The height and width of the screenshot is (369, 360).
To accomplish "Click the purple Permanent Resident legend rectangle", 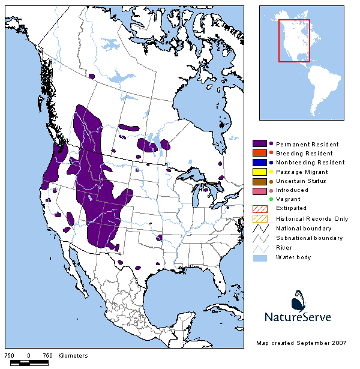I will [260, 144].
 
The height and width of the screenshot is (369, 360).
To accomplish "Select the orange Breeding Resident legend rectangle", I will [260, 154].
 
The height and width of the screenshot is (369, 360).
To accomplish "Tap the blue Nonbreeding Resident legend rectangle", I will [260, 163].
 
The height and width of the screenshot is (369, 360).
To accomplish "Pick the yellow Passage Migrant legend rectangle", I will [260, 172].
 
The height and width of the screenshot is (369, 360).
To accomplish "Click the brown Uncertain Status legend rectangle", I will [260, 181].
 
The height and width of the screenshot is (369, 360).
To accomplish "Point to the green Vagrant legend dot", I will [271, 199].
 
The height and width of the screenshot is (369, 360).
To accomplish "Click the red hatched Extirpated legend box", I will [260, 209].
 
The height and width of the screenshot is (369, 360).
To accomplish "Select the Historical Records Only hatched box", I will [260, 218].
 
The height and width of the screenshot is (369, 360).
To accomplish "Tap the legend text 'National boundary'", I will [304, 229].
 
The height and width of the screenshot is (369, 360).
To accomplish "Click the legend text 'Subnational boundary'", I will [309, 238].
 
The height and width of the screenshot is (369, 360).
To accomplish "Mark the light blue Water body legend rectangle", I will [260, 257].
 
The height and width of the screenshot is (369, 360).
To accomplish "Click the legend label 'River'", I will [284, 248].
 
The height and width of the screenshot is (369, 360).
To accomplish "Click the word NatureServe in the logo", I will [298, 316].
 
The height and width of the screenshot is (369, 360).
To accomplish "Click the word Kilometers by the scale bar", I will [73, 356].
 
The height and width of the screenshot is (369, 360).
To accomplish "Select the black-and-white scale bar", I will [29, 362].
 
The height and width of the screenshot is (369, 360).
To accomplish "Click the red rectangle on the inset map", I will [294, 40].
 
